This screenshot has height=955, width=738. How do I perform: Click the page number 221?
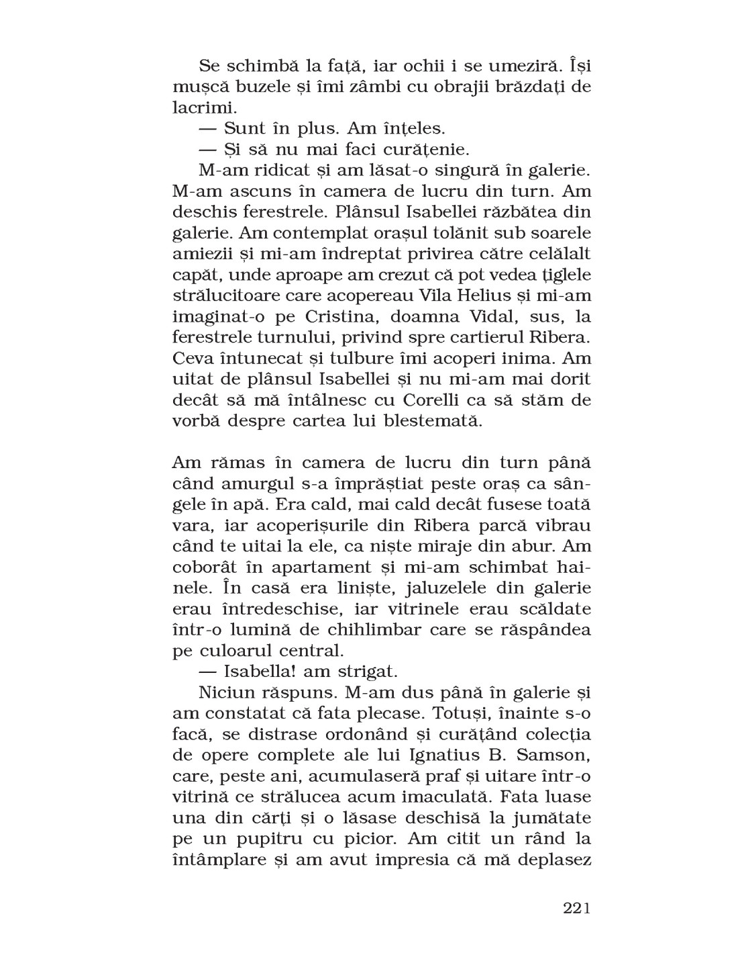(x=576, y=909)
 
